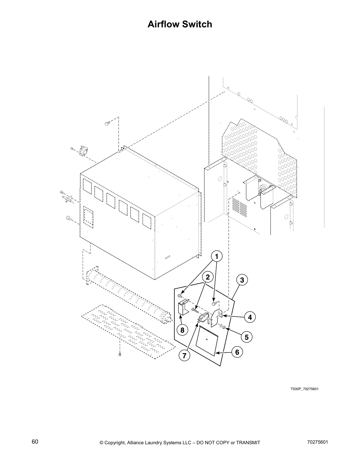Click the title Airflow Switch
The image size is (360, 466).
click(x=180, y=24)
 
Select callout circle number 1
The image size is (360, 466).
click(x=216, y=257)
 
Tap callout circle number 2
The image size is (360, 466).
click(x=208, y=277)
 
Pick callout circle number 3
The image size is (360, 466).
click(x=242, y=280)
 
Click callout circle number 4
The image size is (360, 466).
click(x=250, y=317)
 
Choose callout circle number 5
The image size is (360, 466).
click(x=246, y=337)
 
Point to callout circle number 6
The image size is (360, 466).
click(x=237, y=352)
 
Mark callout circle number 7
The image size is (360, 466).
click(x=184, y=355)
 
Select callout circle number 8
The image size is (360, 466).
click(x=182, y=330)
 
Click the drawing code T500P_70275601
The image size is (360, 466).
click(x=305, y=389)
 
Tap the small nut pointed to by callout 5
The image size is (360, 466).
click(x=224, y=327)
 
